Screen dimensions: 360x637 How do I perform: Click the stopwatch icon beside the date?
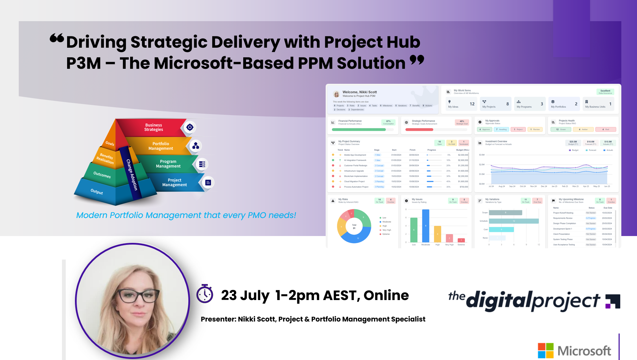(205, 294)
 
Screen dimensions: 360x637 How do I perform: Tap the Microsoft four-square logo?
(545, 350)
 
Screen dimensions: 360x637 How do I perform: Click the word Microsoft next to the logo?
(584, 351)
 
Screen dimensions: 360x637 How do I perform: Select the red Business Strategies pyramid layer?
(153, 127)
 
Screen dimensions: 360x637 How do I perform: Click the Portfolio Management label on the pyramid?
(160, 146)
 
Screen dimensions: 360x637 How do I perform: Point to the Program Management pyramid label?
(168, 164)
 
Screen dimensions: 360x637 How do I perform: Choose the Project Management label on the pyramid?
(174, 183)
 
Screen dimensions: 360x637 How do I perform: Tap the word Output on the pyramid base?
(97, 192)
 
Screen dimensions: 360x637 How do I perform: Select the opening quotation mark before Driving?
(57, 38)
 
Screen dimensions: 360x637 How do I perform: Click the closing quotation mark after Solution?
(417, 60)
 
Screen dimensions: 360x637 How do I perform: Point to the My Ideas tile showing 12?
(461, 104)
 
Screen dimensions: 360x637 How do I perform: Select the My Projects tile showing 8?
(496, 104)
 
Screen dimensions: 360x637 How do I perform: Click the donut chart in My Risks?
(354, 226)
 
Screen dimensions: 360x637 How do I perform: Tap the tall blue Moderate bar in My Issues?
(425, 226)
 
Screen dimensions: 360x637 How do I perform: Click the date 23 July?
(245, 295)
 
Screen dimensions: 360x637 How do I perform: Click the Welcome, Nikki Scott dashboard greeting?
(359, 92)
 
